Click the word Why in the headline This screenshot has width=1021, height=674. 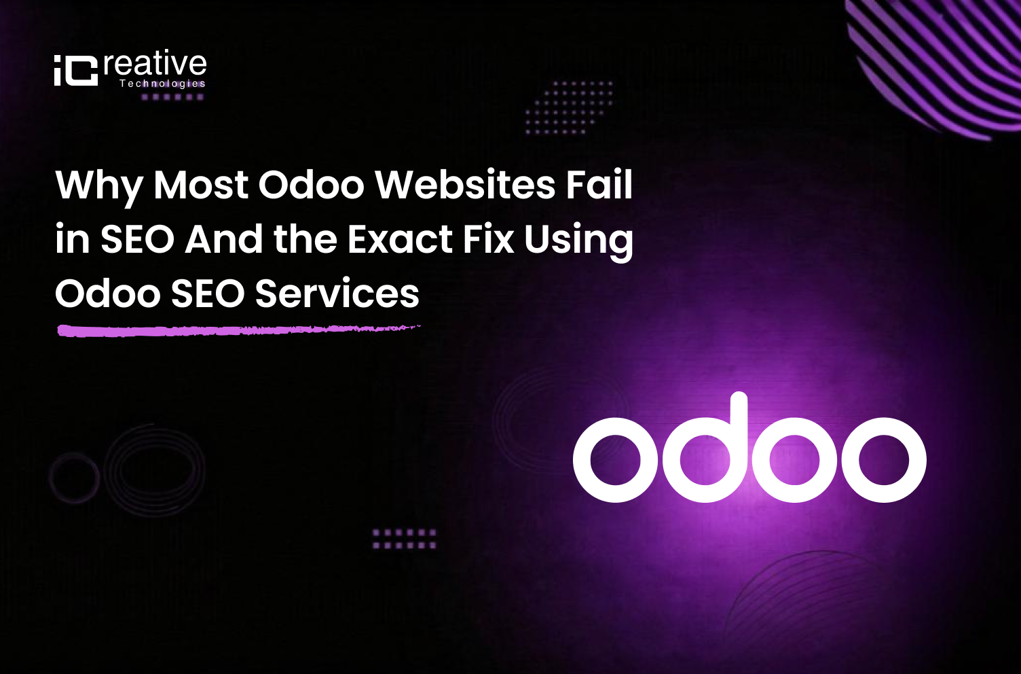(98, 185)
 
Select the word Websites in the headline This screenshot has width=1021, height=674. (465, 185)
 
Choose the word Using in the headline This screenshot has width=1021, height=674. (578, 241)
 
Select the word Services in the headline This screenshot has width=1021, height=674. (337, 294)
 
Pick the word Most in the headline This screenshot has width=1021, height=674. (201, 185)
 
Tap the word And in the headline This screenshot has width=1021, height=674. (224, 239)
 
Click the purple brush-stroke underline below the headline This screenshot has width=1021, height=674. (238, 331)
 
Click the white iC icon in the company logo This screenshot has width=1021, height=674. (75, 70)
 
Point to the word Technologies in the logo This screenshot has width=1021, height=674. (162, 84)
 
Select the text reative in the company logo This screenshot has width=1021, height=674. (156, 64)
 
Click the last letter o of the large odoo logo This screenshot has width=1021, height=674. (884, 460)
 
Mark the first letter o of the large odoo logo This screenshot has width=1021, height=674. (615, 460)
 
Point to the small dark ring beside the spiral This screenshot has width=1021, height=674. (75, 478)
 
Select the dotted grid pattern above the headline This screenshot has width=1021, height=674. (569, 107)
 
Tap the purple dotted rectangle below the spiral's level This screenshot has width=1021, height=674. (405, 539)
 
